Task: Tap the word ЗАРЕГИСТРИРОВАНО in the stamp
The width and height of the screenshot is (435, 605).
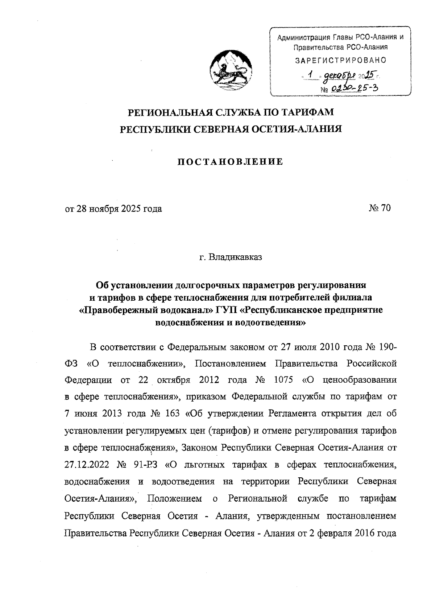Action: [341, 60]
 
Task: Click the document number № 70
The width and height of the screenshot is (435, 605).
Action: [380, 209]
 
